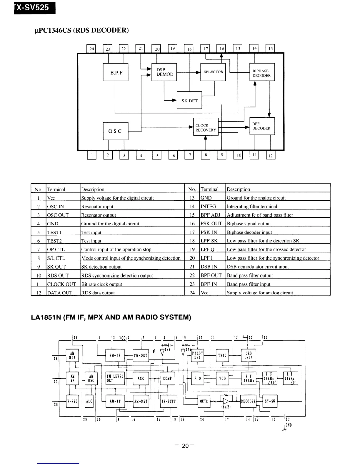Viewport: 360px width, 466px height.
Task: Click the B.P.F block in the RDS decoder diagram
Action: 116,72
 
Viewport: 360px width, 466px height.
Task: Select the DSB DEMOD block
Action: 164,72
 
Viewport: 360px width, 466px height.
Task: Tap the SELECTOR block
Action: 213,72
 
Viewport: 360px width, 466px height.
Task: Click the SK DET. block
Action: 189,100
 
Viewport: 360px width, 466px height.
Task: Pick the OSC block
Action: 116,131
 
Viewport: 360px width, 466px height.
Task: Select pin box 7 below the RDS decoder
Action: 189,155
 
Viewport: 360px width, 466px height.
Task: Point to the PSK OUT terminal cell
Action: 211,224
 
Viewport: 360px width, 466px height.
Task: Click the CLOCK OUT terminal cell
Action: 62,284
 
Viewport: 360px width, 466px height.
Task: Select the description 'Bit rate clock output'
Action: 101,284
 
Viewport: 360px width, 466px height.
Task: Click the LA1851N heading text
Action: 111,318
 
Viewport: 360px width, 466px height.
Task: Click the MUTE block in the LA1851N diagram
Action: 204,401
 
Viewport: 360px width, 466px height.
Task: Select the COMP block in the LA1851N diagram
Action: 167,378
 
